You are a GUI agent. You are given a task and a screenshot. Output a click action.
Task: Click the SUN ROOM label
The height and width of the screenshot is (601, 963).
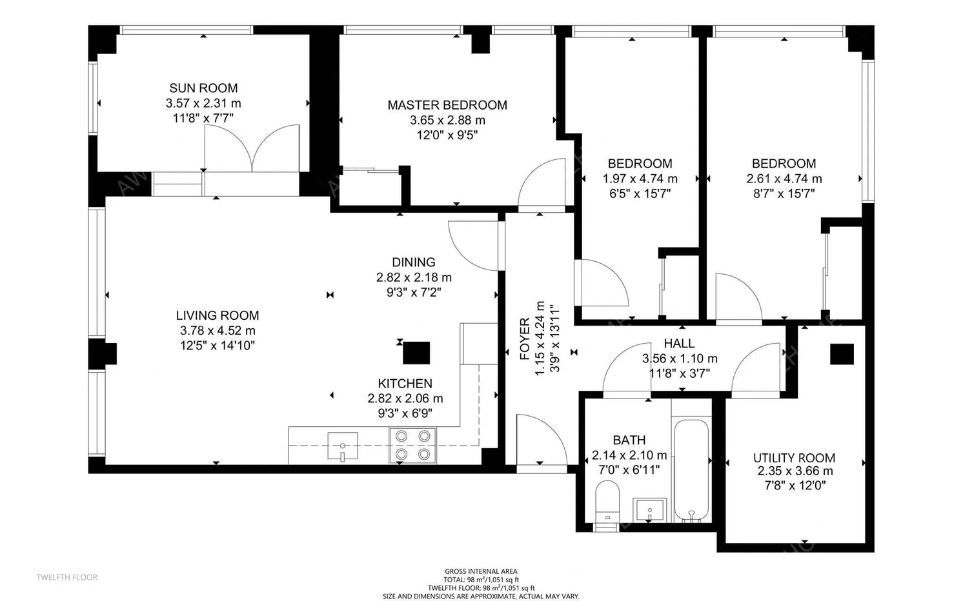203,88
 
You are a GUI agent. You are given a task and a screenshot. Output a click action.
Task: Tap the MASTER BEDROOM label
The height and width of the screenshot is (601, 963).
447,105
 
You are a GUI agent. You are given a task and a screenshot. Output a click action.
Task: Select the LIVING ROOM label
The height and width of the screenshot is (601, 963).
218,315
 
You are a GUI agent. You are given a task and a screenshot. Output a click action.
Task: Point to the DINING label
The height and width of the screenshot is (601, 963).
414,262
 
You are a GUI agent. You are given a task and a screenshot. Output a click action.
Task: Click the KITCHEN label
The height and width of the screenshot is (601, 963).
405,383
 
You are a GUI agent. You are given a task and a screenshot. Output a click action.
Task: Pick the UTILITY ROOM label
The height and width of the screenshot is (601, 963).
794,458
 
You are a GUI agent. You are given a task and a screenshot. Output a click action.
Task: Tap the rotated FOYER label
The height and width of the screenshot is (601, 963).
525,339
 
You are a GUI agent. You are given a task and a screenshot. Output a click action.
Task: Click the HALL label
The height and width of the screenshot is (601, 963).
679,343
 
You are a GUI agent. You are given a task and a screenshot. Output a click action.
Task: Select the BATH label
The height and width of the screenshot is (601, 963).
629,440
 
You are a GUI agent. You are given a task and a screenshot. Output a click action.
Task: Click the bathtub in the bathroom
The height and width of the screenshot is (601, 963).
691,470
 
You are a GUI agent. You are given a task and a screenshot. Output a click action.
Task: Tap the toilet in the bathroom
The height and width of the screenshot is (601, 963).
607,501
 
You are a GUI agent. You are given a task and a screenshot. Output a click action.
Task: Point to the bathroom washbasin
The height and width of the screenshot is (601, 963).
649,510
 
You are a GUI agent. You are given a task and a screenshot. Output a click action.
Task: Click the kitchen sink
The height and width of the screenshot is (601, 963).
343,446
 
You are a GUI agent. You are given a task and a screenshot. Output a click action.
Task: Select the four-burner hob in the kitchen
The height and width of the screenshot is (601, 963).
412,446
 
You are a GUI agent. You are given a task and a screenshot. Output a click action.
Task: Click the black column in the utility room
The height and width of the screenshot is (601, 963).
842,354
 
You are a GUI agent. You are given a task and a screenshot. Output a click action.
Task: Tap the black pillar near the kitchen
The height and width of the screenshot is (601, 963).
416,353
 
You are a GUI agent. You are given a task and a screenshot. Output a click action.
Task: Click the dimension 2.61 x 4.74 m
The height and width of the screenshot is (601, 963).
784,179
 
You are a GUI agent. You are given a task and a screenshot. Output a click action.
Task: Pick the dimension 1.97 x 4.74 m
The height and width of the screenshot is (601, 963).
640,179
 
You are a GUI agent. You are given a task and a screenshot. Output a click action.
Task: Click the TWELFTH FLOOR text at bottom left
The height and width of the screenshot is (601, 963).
66,577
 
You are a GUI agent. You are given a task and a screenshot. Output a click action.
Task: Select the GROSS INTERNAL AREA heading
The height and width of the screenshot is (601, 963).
481,571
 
